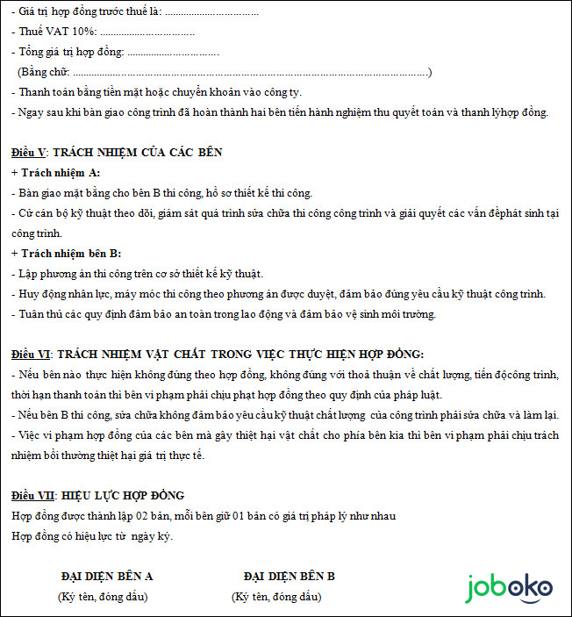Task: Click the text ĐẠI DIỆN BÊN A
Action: point(107,576)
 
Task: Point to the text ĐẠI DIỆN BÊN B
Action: point(289,576)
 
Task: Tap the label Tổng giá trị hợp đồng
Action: point(71,52)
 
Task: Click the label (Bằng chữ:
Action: point(44,71)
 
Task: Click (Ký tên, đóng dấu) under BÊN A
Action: point(103,597)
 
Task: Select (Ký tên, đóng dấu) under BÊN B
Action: point(277,597)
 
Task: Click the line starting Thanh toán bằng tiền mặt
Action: point(158,91)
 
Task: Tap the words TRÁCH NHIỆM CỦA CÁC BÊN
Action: point(137,152)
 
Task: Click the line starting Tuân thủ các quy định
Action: point(223,314)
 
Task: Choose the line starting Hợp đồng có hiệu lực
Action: point(92,535)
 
